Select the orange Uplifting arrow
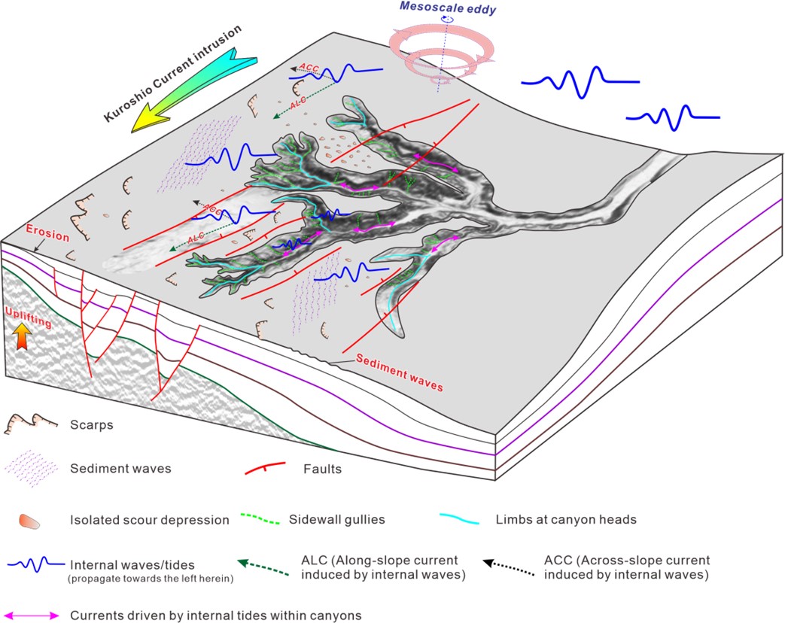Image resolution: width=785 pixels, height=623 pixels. tap(23, 336)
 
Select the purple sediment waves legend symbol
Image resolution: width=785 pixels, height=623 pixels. tap(32, 469)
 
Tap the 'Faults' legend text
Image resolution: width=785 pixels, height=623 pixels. tap(322, 469)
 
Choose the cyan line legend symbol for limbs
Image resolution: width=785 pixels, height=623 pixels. tap(466, 519)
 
